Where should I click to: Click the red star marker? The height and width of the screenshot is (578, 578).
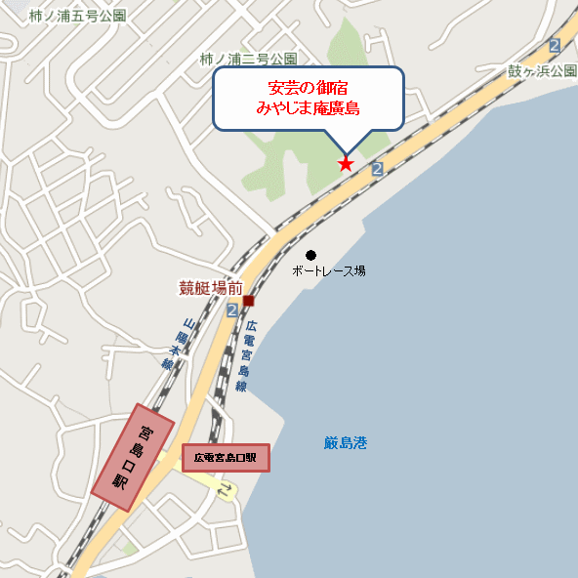click(346, 163)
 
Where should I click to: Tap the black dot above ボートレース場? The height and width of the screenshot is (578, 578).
click(311, 255)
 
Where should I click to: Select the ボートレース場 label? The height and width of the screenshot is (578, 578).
click(329, 270)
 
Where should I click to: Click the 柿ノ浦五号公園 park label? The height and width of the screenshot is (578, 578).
click(78, 17)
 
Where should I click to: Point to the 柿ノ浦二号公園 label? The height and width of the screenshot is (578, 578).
click(248, 59)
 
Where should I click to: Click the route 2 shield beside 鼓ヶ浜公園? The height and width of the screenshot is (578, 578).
click(555, 45)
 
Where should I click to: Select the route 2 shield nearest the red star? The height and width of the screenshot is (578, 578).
click(378, 170)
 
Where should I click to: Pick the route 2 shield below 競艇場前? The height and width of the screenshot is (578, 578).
click(232, 310)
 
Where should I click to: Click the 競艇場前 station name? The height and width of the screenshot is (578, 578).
click(210, 288)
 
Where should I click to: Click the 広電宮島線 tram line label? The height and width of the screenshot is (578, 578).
click(246, 356)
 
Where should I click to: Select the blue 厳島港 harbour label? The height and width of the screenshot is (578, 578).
click(346, 442)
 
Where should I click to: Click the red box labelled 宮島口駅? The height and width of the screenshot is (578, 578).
click(133, 457)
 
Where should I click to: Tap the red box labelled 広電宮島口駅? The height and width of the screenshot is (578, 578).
click(225, 457)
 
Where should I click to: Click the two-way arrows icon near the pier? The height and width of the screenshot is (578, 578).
click(227, 491)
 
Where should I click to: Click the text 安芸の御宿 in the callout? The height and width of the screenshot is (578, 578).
click(308, 89)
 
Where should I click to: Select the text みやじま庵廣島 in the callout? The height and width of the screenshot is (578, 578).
click(308, 108)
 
